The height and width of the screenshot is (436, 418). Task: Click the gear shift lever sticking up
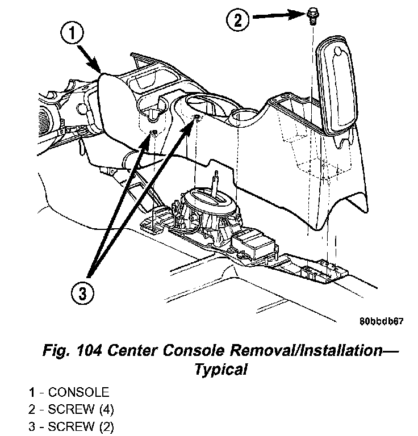click(217, 185)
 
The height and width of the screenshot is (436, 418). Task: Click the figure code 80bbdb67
click(381, 321)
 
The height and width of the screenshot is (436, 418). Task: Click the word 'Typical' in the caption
click(221, 370)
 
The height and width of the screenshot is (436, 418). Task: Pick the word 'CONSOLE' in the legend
click(78, 392)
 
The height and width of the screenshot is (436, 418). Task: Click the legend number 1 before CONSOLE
click(34, 392)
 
